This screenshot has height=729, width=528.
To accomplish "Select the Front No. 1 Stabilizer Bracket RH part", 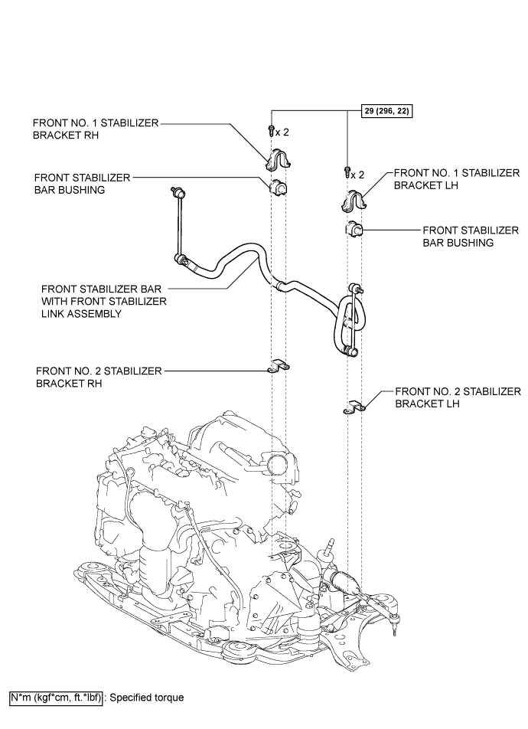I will point(278,159).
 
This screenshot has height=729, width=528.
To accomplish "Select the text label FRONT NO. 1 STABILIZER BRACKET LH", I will point(457,181).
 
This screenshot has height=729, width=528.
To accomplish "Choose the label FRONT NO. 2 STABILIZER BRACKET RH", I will point(99,377).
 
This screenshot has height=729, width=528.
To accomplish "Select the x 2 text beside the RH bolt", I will point(283,132).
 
